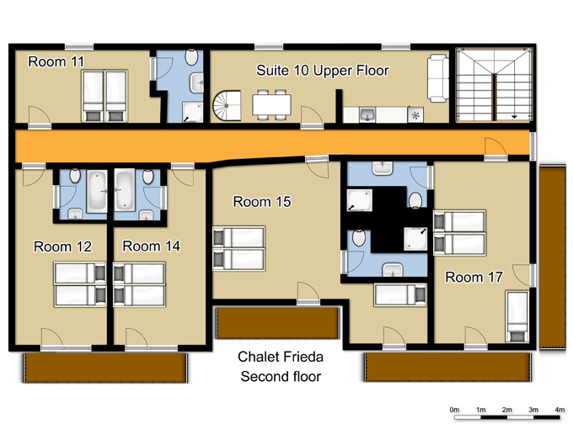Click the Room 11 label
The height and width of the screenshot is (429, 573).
(x=56, y=61)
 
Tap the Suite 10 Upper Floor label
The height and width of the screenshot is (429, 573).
(x=323, y=71)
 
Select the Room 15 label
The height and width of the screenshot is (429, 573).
(x=262, y=201)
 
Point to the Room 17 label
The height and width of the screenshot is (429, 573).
(x=474, y=278)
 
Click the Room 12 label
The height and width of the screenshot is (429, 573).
(x=62, y=246)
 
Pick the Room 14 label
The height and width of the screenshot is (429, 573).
(x=152, y=246)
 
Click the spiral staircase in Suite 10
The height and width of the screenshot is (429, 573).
(x=227, y=105)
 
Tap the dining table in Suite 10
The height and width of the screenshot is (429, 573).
(x=271, y=104)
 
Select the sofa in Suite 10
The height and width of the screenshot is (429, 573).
(x=438, y=78)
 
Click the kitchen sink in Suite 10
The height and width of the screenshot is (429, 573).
(x=367, y=114)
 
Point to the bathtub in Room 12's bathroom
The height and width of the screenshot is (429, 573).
(x=97, y=192)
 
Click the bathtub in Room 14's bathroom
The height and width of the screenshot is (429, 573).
(x=125, y=190)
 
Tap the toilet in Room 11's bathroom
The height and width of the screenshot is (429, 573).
(x=191, y=57)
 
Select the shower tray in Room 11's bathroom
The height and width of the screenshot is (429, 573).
(x=192, y=113)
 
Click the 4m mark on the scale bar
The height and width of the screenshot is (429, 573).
(x=560, y=410)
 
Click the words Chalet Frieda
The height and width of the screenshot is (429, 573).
(x=281, y=357)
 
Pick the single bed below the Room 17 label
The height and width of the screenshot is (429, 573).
(x=517, y=316)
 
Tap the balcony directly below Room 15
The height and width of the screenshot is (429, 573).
(x=277, y=323)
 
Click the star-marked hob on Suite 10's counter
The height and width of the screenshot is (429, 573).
(x=415, y=115)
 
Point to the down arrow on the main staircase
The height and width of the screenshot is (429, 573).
(x=514, y=117)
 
